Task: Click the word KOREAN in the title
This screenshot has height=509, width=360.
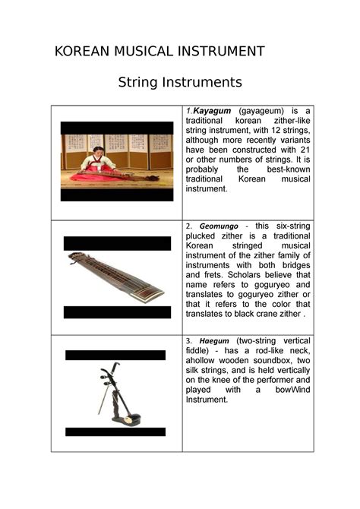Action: pos(81,52)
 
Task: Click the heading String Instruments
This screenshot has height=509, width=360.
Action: pos(180,82)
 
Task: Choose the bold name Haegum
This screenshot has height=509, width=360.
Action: pos(213,340)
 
